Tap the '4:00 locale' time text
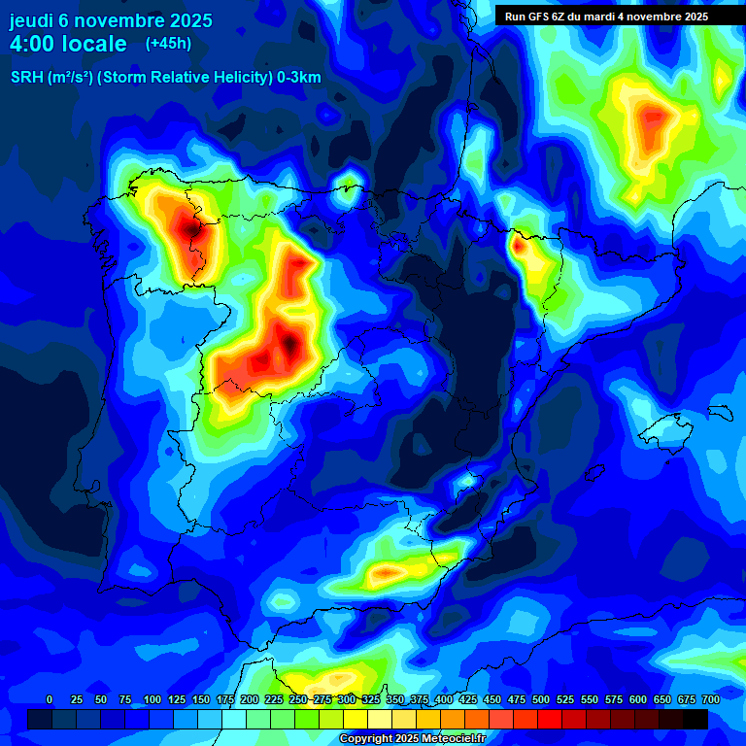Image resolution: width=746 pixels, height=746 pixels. point(68,44)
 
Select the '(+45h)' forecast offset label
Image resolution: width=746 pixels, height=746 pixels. point(168,43)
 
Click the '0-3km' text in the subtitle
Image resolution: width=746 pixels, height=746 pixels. point(299,78)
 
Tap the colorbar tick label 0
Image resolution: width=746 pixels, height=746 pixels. point(50,699)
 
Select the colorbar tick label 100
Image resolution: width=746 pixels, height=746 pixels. point(152,699)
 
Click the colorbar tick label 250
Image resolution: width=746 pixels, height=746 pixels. point(297,699)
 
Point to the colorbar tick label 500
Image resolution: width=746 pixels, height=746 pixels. point(540,699)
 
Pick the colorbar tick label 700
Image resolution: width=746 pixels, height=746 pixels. point(710,699)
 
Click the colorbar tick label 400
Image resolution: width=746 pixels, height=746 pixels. point(443,699)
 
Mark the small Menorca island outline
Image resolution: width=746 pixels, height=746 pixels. point(720,412)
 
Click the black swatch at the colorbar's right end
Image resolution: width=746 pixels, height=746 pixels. point(695,719)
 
